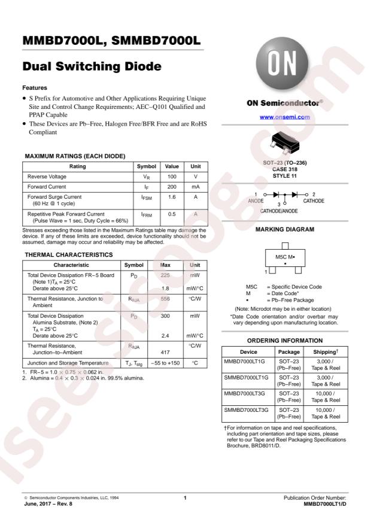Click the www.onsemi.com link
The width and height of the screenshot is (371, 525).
pyautogui.click(x=284, y=117)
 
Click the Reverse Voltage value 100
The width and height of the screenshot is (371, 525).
pyautogui.click(x=172, y=177)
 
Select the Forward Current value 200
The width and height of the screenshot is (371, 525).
pyautogui.click(x=172, y=187)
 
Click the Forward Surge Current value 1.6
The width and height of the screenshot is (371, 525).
pyautogui.click(x=172, y=197)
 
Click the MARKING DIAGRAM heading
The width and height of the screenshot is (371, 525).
pyautogui.click(x=284, y=229)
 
